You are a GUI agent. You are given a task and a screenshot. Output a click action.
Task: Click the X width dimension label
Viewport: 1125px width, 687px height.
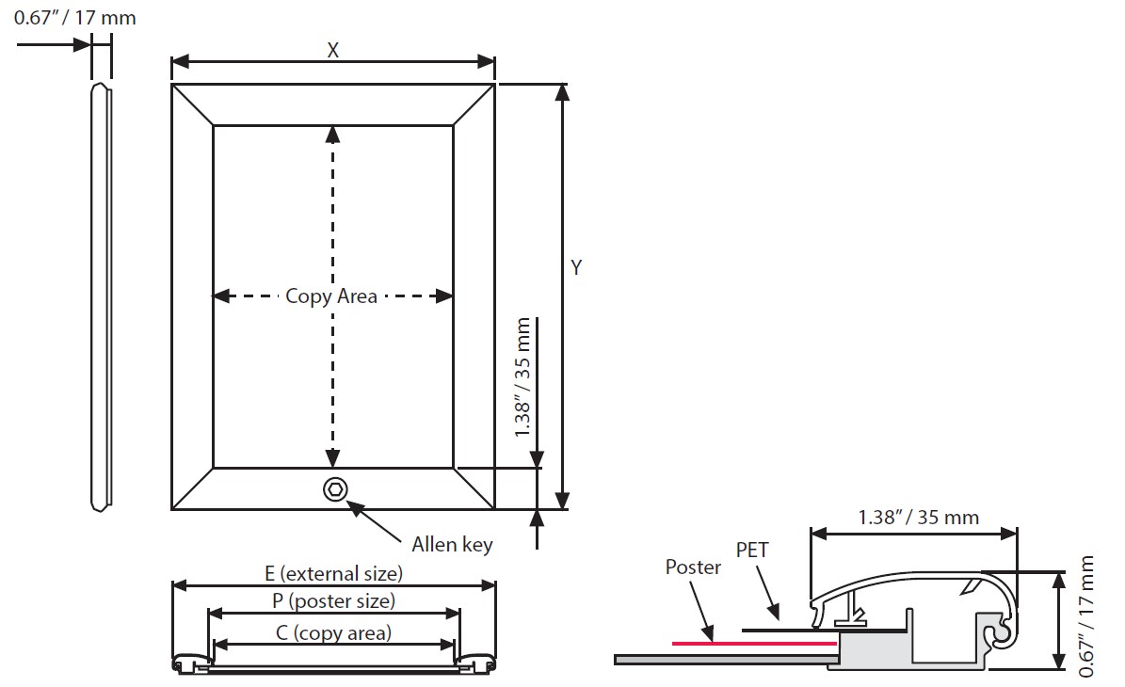coord(332,51)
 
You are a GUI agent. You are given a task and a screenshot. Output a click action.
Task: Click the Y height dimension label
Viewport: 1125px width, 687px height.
coord(576,267)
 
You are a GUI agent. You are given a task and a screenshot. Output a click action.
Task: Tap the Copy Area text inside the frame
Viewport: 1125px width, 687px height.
coord(331,296)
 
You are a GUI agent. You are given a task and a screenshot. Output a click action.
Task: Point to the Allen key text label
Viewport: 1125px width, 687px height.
coord(452,544)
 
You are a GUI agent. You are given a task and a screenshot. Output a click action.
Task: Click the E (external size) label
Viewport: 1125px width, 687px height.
coord(333,573)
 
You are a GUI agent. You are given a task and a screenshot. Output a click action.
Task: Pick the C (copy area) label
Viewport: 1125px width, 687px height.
coord(333,632)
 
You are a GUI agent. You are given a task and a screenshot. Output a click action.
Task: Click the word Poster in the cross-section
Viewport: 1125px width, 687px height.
coord(693,567)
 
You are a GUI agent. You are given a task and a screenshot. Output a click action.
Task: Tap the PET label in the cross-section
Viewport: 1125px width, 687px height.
coord(752,551)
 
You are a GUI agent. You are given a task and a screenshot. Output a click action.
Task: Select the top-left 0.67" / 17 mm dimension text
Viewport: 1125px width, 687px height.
coord(74,18)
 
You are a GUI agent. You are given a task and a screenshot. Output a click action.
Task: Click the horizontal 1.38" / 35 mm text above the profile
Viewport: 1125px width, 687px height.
coord(918,517)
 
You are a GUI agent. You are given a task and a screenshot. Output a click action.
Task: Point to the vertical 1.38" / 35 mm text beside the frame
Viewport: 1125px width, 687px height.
coord(524,377)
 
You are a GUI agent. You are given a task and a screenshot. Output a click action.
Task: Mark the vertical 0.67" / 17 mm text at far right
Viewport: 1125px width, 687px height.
coord(1089,616)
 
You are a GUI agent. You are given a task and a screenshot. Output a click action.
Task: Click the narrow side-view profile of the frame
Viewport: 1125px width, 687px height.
coord(101,297)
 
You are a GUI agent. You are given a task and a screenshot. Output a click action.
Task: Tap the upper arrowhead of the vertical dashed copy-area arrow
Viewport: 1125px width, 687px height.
coord(332,134)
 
